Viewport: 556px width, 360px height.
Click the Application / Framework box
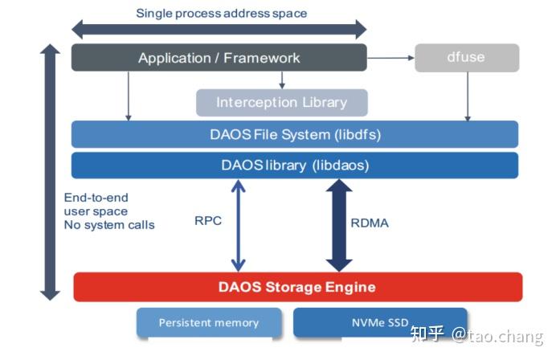[219, 58]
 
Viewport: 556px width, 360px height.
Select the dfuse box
[467, 58]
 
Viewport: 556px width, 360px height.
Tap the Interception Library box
[281, 103]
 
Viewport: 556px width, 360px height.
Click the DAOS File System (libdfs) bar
[295, 134]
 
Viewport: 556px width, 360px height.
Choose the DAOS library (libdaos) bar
[295, 166]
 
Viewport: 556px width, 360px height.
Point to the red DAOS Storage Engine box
[297, 287]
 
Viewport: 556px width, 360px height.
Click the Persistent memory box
[209, 322]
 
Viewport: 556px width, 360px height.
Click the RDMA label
[370, 223]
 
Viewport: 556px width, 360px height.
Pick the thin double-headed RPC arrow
[238, 225]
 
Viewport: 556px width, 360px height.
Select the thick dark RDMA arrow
[338, 225]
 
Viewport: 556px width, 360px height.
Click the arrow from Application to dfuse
[390, 58]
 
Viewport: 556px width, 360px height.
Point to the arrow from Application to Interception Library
[281, 80]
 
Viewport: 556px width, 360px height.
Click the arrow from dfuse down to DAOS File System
[467, 96]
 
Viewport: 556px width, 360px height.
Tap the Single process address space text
[221, 13]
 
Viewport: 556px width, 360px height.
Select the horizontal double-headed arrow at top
[219, 30]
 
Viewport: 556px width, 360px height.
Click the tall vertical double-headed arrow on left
[50, 172]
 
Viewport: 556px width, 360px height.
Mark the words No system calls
[109, 225]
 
